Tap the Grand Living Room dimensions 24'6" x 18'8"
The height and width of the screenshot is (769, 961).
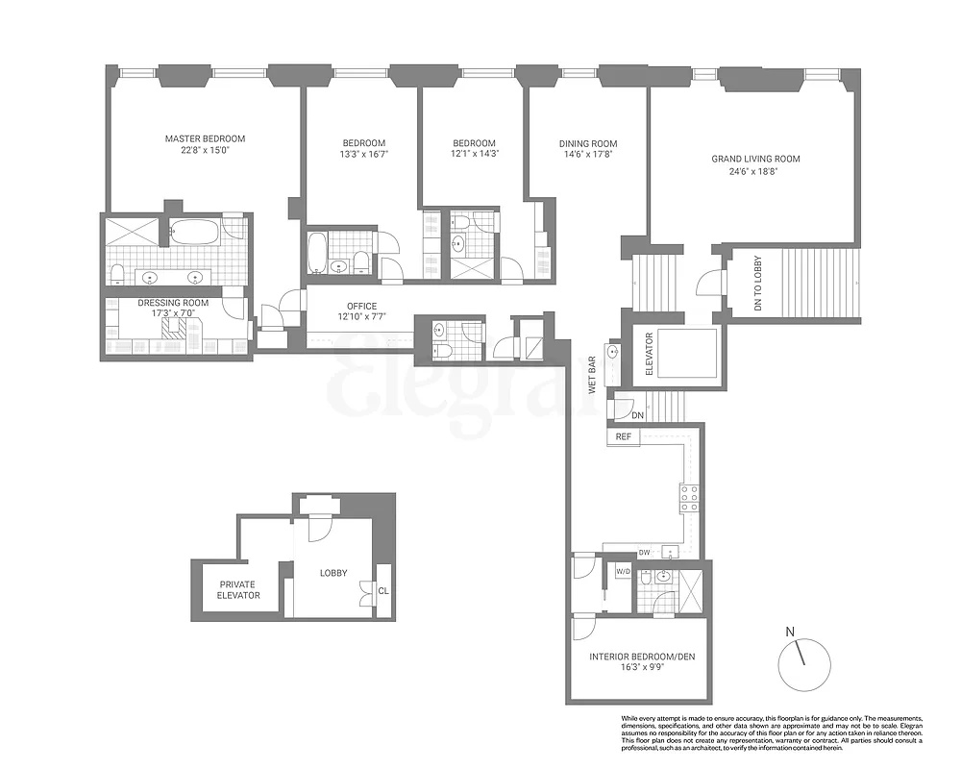tap(755, 172)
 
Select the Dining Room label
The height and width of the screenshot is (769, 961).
tap(588, 144)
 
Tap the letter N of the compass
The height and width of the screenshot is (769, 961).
tap(790, 632)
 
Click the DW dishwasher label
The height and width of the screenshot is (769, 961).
tap(645, 553)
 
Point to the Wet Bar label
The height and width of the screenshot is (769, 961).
tap(593, 376)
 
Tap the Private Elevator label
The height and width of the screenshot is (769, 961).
tap(238, 589)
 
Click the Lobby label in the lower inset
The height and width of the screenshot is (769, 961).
tap(333, 573)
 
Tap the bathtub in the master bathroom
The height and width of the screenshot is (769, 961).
tap(195, 232)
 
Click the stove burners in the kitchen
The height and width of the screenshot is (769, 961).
tap(689, 496)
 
